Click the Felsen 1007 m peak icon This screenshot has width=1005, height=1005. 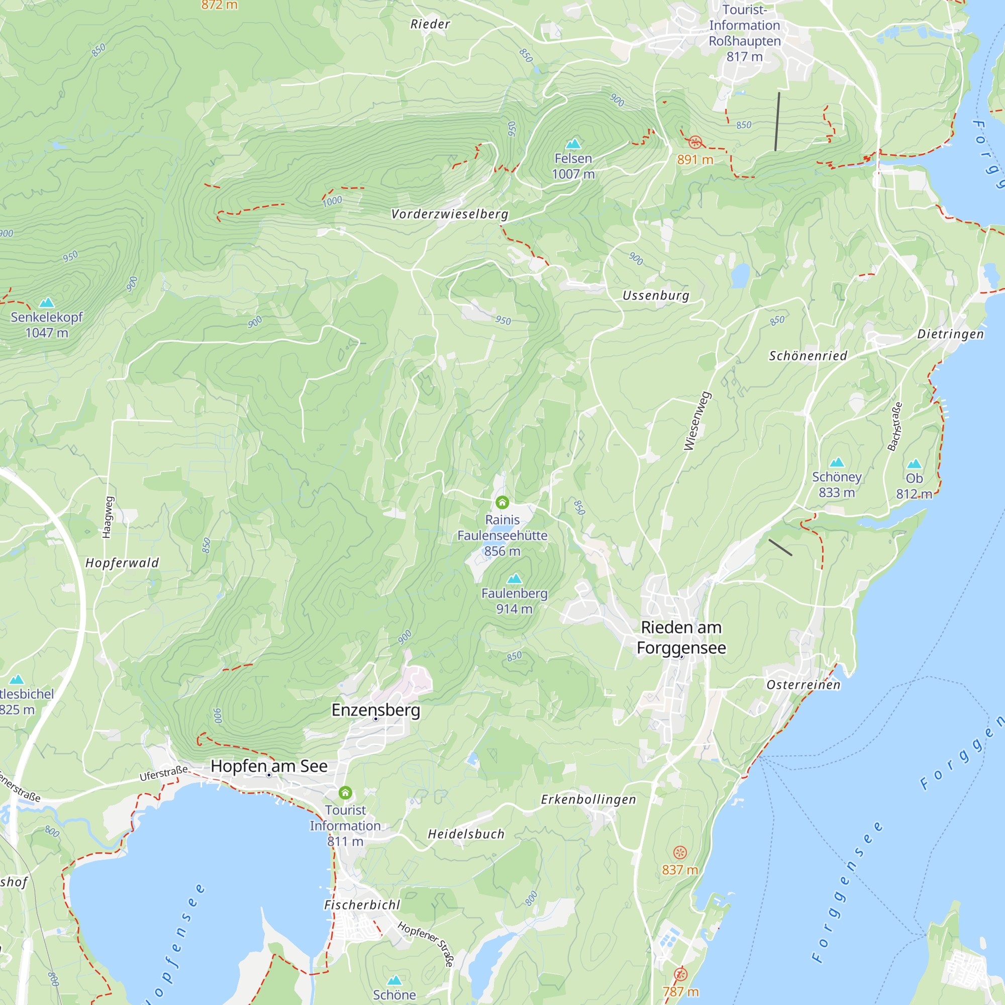(573, 144)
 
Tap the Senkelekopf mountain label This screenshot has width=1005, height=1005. (47, 317)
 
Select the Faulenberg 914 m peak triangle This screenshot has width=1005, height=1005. (515, 578)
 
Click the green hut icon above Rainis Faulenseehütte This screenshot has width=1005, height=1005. (502, 502)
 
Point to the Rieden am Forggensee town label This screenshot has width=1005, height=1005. (681, 638)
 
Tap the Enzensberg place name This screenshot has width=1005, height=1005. (375, 710)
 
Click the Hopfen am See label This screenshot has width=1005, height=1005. (269, 766)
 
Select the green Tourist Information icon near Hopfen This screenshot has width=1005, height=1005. (345, 793)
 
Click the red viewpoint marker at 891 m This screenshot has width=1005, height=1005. (695, 142)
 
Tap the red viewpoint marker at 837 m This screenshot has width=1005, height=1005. (680, 852)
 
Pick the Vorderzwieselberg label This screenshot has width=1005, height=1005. (449, 215)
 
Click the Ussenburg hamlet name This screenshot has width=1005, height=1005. (656, 295)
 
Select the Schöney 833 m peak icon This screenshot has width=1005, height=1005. (837, 462)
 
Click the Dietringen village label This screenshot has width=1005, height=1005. (950, 334)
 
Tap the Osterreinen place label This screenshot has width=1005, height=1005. (803, 684)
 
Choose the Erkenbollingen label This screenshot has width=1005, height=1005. (588, 799)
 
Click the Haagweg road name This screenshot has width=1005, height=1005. (107, 517)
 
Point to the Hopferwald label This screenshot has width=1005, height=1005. (122, 563)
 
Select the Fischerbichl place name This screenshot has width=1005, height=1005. (362, 905)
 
